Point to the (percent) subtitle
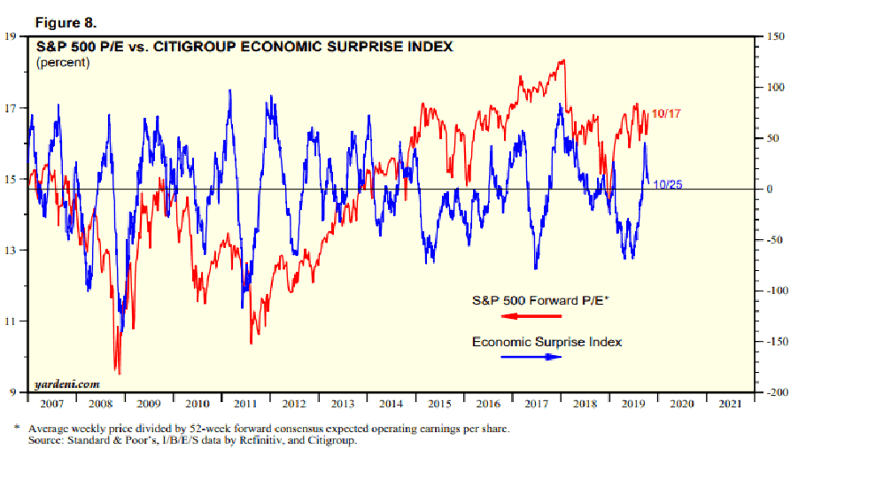pos(63,63)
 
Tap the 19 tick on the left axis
pos(10,36)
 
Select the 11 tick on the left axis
pos(10,321)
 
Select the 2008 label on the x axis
pos(99,404)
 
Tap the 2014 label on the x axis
pos(391,404)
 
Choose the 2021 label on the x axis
pos(731,404)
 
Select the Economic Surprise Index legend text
pos(547,342)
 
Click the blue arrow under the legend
pos(531,357)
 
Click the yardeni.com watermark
pos(66,384)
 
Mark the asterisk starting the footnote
pos(17,428)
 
